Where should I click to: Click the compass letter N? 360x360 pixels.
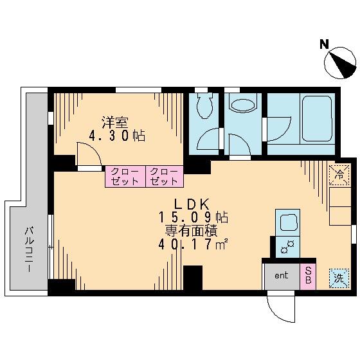(324, 44)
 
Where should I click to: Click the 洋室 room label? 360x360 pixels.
(115, 123)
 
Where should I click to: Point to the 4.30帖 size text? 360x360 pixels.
(117, 136)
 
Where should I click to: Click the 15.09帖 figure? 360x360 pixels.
(194, 217)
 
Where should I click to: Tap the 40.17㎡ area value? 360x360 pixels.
(193, 244)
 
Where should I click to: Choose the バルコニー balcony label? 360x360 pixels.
(30, 249)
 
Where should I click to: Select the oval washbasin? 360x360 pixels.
(243, 105)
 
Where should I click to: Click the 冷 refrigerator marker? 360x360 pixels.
(339, 175)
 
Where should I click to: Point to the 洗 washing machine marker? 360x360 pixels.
(339, 278)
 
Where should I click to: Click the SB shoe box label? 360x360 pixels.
(308, 276)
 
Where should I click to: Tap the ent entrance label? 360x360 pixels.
(281, 275)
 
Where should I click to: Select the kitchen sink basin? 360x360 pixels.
(288, 222)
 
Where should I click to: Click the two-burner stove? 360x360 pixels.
(288, 247)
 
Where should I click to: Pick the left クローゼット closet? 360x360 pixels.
(125, 177)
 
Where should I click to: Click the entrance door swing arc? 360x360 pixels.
(275, 314)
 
